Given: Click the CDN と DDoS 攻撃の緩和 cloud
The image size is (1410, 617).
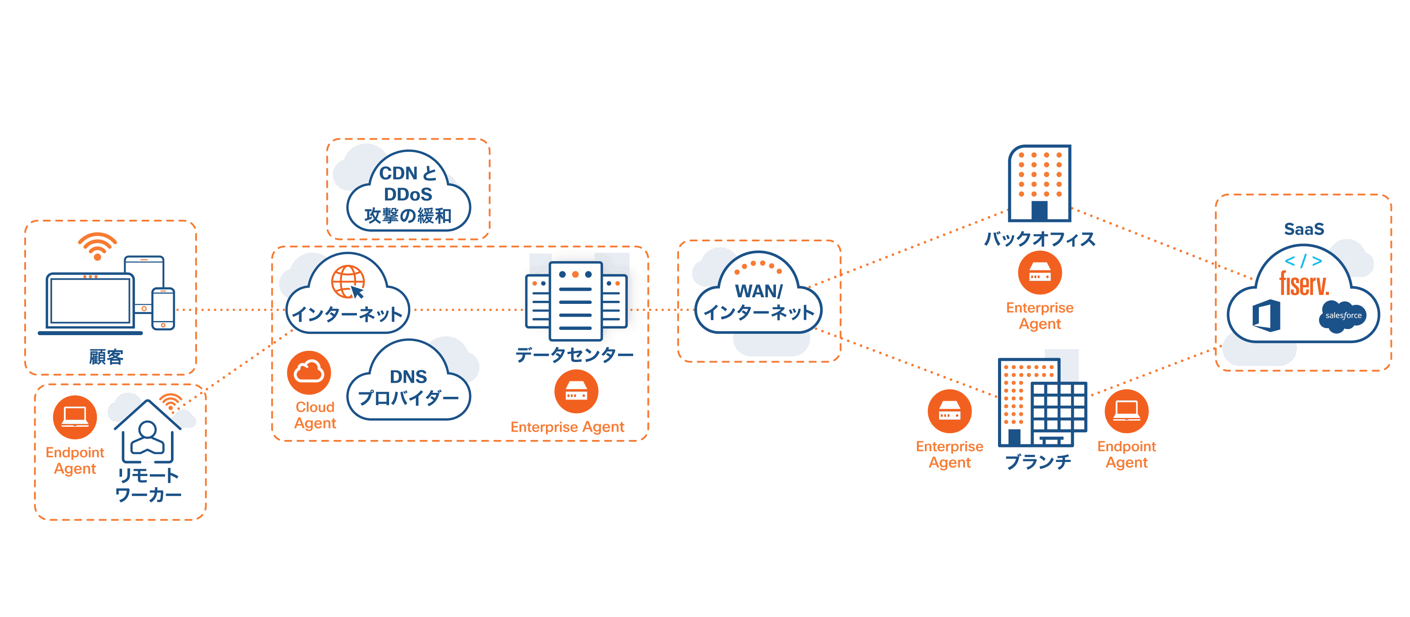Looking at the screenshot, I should pyautogui.click(x=408, y=194).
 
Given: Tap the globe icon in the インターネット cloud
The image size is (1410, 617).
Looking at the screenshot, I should pyautogui.click(x=347, y=281).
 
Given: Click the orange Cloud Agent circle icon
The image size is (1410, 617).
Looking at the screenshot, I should pyautogui.click(x=309, y=373).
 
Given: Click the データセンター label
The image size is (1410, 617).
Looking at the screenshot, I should pyautogui.click(x=574, y=355).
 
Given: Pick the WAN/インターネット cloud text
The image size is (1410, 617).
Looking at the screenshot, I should pyautogui.click(x=759, y=302).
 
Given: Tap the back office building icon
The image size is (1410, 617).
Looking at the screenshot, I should pyautogui.click(x=1039, y=183).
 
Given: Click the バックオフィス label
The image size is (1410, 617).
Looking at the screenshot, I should pyautogui.click(x=1039, y=239).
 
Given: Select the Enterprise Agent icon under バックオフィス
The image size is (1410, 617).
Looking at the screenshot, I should pyautogui.click(x=1039, y=273).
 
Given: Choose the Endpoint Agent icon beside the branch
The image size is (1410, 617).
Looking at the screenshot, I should pyautogui.click(x=1127, y=411).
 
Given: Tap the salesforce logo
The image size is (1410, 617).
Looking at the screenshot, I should pyautogui.click(x=1343, y=316).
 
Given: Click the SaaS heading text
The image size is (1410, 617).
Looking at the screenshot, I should pyautogui.click(x=1304, y=229).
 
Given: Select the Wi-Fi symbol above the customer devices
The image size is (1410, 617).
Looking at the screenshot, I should pyautogui.click(x=97, y=246).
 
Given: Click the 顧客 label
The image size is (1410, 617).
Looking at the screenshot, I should pyautogui.click(x=106, y=357).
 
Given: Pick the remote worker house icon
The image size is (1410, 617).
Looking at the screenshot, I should pyautogui.click(x=147, y=432).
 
